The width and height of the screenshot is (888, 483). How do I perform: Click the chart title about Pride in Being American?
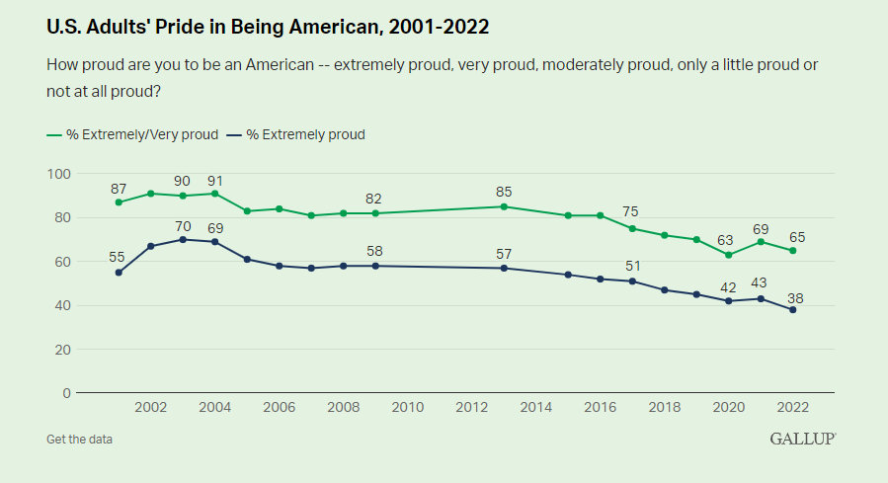pyautogui.click(x=268, y=28)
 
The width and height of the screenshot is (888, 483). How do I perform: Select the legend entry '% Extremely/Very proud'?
pyautogui.click(x=132, y=134)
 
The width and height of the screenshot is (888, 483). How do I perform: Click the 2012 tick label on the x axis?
pyautogui.click(x=471, y=407)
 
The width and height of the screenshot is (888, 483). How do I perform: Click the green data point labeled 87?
pyautogui.click(x=119, y=202)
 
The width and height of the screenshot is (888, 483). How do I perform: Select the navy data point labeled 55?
pyautogui.click(x=119, y=273)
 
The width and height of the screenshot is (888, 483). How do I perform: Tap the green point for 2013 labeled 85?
pyautogui.click(x=504, y=206)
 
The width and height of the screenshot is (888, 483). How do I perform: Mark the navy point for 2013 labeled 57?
pyautogui.click(x=504, y=268)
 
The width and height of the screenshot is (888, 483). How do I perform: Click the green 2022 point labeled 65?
pyautogui.click(x=792, y=251)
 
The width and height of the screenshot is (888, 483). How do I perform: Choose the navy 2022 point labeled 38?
pyautogui.click(x=792, y=310)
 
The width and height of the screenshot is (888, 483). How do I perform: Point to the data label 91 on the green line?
pyautogui.click(x=215, y=180)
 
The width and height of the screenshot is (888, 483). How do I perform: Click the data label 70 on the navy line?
pyautogui.click(x=183, y=225)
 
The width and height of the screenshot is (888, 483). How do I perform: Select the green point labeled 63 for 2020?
pyautogui.click(x=728, y=255)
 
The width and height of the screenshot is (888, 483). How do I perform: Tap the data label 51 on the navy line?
pyautogui.click(x=632, y=267)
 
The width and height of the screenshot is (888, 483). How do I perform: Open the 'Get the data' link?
pyautogui.click(x=79, y=439)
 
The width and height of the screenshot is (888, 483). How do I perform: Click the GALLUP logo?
pyautogui.click(x=803, y=438)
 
